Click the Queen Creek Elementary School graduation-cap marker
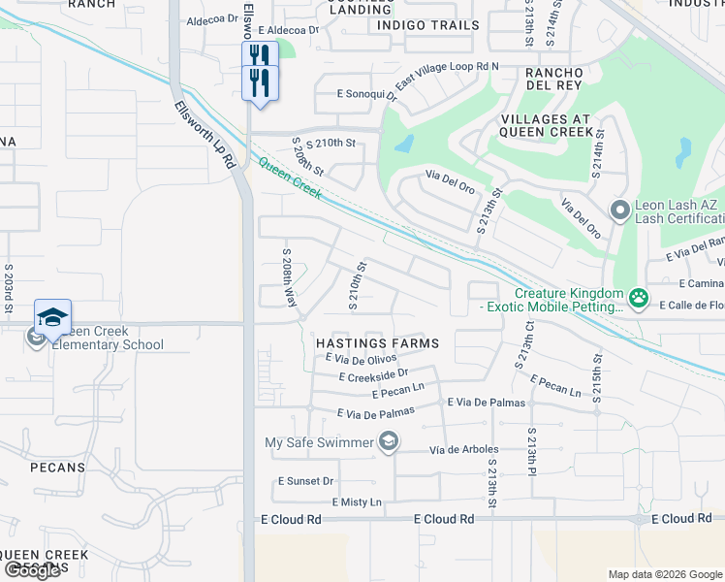pos(53,316)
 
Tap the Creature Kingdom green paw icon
pos(638,298)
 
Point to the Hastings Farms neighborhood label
pos(378,343)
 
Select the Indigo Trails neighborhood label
pos(427,25)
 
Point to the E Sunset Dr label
pos(305,481)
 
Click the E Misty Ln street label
pos(357,502)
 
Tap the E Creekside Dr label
pos(374,373)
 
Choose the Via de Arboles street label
pos(463,449)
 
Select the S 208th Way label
pos(289,278)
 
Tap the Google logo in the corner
pos(32,570)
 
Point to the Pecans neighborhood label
pos(58,468)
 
